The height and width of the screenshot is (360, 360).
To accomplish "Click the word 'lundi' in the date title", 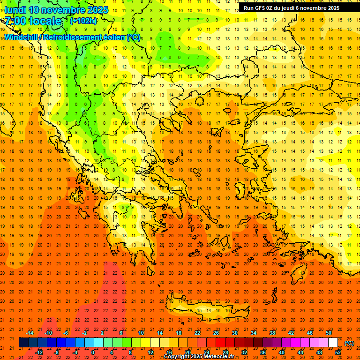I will [x=15, y=10].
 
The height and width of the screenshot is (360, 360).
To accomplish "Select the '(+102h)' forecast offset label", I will [x=83, y=21].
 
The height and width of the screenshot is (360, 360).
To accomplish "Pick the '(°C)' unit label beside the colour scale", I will [x=349, y=343].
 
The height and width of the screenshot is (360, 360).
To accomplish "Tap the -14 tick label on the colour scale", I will [x=30, y=333].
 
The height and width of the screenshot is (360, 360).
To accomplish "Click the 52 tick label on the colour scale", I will [x=338, y=352].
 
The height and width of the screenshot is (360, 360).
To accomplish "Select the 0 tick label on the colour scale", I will [x=92, y=352].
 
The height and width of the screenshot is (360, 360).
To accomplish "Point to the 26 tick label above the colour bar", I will [x=216, y=333].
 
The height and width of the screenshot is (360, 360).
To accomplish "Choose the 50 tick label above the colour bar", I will [x=329, y=333].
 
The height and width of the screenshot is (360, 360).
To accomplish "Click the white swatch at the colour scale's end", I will [x=333, y=343].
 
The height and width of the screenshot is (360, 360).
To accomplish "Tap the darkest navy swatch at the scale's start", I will [x=23, y=343].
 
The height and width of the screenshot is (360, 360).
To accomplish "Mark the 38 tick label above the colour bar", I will [x=272, y=333].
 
